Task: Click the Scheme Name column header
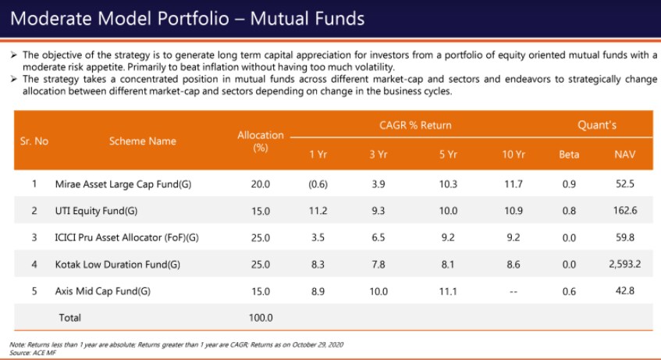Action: pyautogui.click(x=142, y=141)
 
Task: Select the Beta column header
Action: pyautogui.click(x=569, y=155)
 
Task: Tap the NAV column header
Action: pyautogui.click(x=625, y=155)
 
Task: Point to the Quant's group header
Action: pyautogui.click(x=597, y=125)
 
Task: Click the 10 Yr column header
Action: pyautogui.click(x=514, y=155)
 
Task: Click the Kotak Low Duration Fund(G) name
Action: pyautogui.click(x=114, y=264)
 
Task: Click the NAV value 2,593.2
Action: pyautogui.click(x=624, y=264)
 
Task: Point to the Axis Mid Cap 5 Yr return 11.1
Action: pyautogui.click(x=448, y=290)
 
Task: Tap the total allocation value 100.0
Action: pyautogui.click(x=260, y=318)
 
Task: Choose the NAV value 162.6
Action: pyautogui.click(x=625, y=211)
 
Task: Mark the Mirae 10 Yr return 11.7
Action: pyautogui.click(x=514, y=184)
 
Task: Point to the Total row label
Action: pyautogui.click(x=70, y=318)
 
